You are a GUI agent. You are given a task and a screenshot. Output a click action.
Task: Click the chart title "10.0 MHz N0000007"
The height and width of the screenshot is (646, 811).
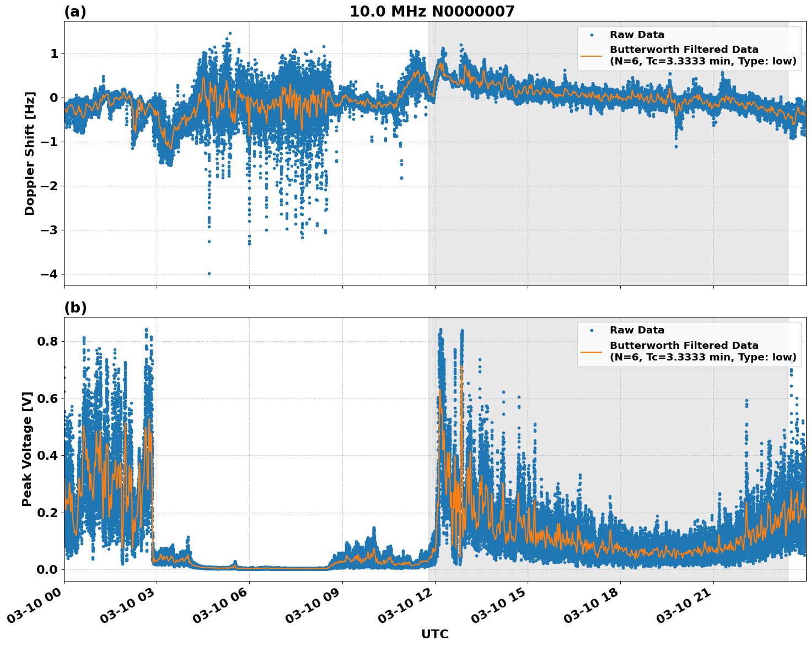(x=432, y=12)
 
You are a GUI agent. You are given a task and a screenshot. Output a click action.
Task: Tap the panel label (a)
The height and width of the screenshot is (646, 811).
(x=75, y=12)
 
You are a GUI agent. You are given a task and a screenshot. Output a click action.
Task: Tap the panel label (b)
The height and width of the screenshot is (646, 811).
(x=75, y=308)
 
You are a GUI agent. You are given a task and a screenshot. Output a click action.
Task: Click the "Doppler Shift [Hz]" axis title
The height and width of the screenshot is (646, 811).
(x=30, y=153)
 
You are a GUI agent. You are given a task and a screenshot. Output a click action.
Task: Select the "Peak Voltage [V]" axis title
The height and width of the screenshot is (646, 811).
(x=27, y=449)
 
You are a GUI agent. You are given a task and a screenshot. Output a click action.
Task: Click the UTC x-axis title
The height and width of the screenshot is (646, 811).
(x=434, y=634)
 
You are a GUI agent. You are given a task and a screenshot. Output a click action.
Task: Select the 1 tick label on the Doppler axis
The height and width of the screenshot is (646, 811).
(x=54, y=54)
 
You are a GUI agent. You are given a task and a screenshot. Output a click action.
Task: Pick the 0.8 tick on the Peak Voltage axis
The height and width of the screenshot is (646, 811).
(x=47, y=341)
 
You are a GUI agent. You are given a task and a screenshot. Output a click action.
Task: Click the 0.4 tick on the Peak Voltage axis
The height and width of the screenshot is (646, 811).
(x=47, y=455)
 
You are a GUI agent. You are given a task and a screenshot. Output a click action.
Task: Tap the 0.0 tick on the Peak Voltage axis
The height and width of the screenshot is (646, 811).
(x=47, y=569)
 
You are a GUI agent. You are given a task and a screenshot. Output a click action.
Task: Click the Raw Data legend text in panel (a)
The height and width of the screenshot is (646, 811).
(x=637, y=35)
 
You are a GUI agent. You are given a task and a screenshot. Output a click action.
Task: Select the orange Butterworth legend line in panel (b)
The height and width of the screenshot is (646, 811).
(x=591, y=352)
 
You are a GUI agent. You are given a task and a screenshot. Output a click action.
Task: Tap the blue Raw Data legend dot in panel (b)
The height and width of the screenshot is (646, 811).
(x=591, y=330)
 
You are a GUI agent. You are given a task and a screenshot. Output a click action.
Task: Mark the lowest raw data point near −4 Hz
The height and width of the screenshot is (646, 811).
(x=209, y=273)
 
